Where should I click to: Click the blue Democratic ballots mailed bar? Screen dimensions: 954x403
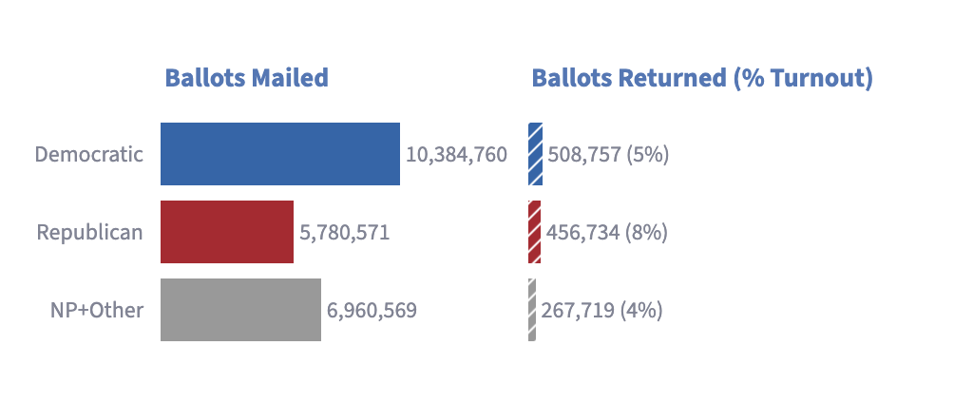coord(280,154)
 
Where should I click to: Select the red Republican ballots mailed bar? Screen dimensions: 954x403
coord(227,232)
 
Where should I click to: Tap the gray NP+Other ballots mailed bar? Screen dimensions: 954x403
coord(241,310)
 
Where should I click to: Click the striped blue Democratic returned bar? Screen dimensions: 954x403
coord(535,154)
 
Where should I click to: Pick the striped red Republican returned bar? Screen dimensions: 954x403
coord(535,232)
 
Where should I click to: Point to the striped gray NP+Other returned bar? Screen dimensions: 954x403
coord(532,310)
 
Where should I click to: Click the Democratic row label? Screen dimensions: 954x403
coord(88,154)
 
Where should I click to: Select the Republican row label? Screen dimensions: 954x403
coord(89,232)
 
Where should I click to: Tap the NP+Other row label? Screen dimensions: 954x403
coord(97,310)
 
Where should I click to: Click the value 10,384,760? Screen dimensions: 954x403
coord(456,155)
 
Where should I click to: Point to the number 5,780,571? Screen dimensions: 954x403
coord(344,233)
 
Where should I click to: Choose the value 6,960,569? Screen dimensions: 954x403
coord(372,311)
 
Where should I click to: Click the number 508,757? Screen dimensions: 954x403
coord(582,155)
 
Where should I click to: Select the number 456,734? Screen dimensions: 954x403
coord(582,233)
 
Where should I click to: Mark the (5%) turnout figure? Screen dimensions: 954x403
coord(646,155)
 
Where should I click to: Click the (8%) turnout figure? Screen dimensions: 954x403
coord(646,233)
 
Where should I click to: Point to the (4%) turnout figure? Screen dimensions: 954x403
coord(641,311)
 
